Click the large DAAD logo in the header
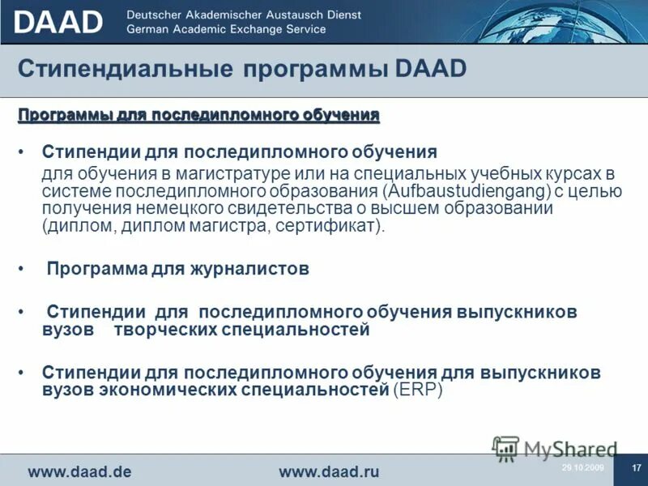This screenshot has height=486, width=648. pyautogui.click(x=58, y=22)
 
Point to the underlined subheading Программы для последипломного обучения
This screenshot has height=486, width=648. pyautogui.click(x=198, y=116)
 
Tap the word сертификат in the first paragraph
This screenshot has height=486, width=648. pyautogui.click(x=331, y=226)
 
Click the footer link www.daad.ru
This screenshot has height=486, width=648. pyautogui.click(x=329, y=471)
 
